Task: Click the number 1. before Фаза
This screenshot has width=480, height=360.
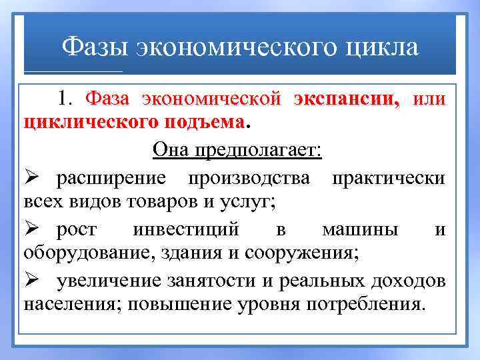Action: tap(67, 100)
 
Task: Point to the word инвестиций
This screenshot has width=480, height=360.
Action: tap(185, 230)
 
